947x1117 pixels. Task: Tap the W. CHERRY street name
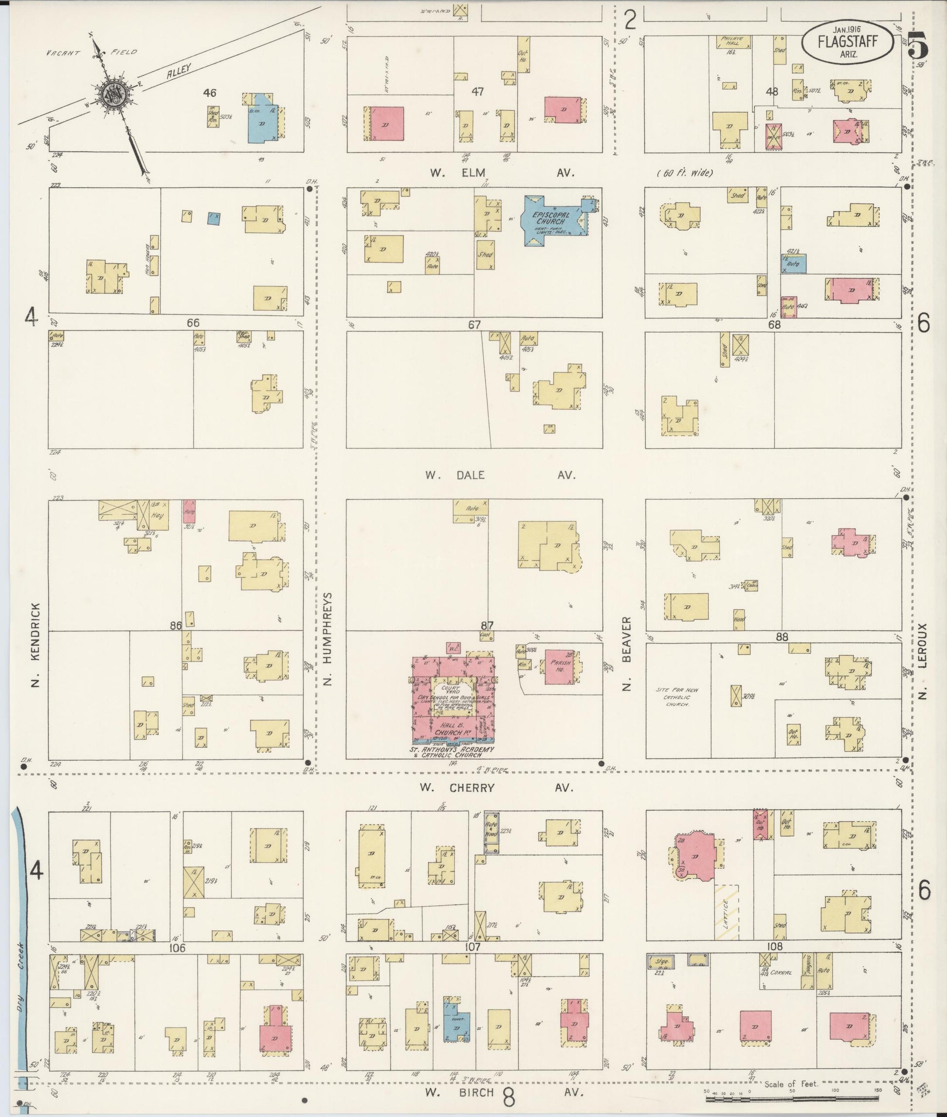(x=457, y=788)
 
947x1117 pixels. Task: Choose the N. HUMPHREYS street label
(x=328, y=639)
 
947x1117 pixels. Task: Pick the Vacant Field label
(x=91, y=53)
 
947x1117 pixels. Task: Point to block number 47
(x=477, y=92)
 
